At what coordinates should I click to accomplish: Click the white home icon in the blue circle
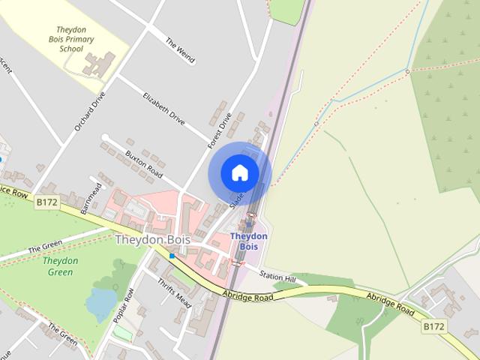coord(239,173)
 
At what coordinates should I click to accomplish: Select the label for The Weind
coord(180,49)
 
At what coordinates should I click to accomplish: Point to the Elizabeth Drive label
coord(163,109)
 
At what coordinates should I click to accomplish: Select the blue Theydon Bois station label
coord(249,241)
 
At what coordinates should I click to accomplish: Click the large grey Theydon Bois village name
coord(152,239)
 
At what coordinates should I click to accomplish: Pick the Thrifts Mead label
coord(175,290)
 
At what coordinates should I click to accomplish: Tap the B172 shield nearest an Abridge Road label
coord(433,325)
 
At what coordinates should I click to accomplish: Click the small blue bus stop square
coord(172,256)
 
